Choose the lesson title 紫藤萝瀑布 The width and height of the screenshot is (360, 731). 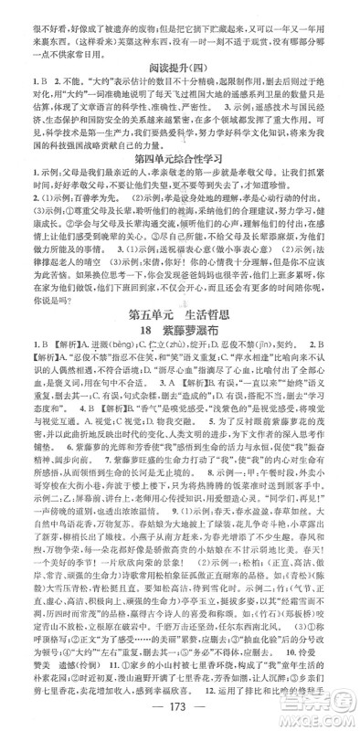[191, 387]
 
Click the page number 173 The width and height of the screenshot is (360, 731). [179, 711]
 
